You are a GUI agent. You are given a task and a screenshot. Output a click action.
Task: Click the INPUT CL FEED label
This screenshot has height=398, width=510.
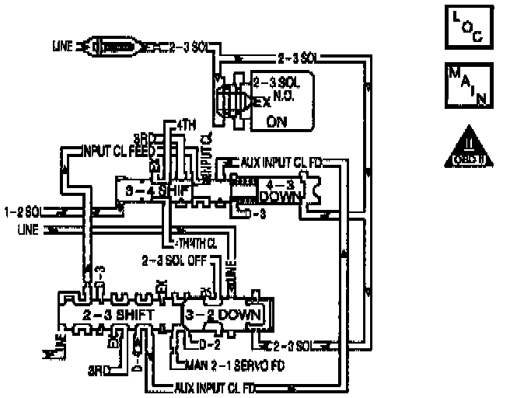[x=121, y=148]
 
